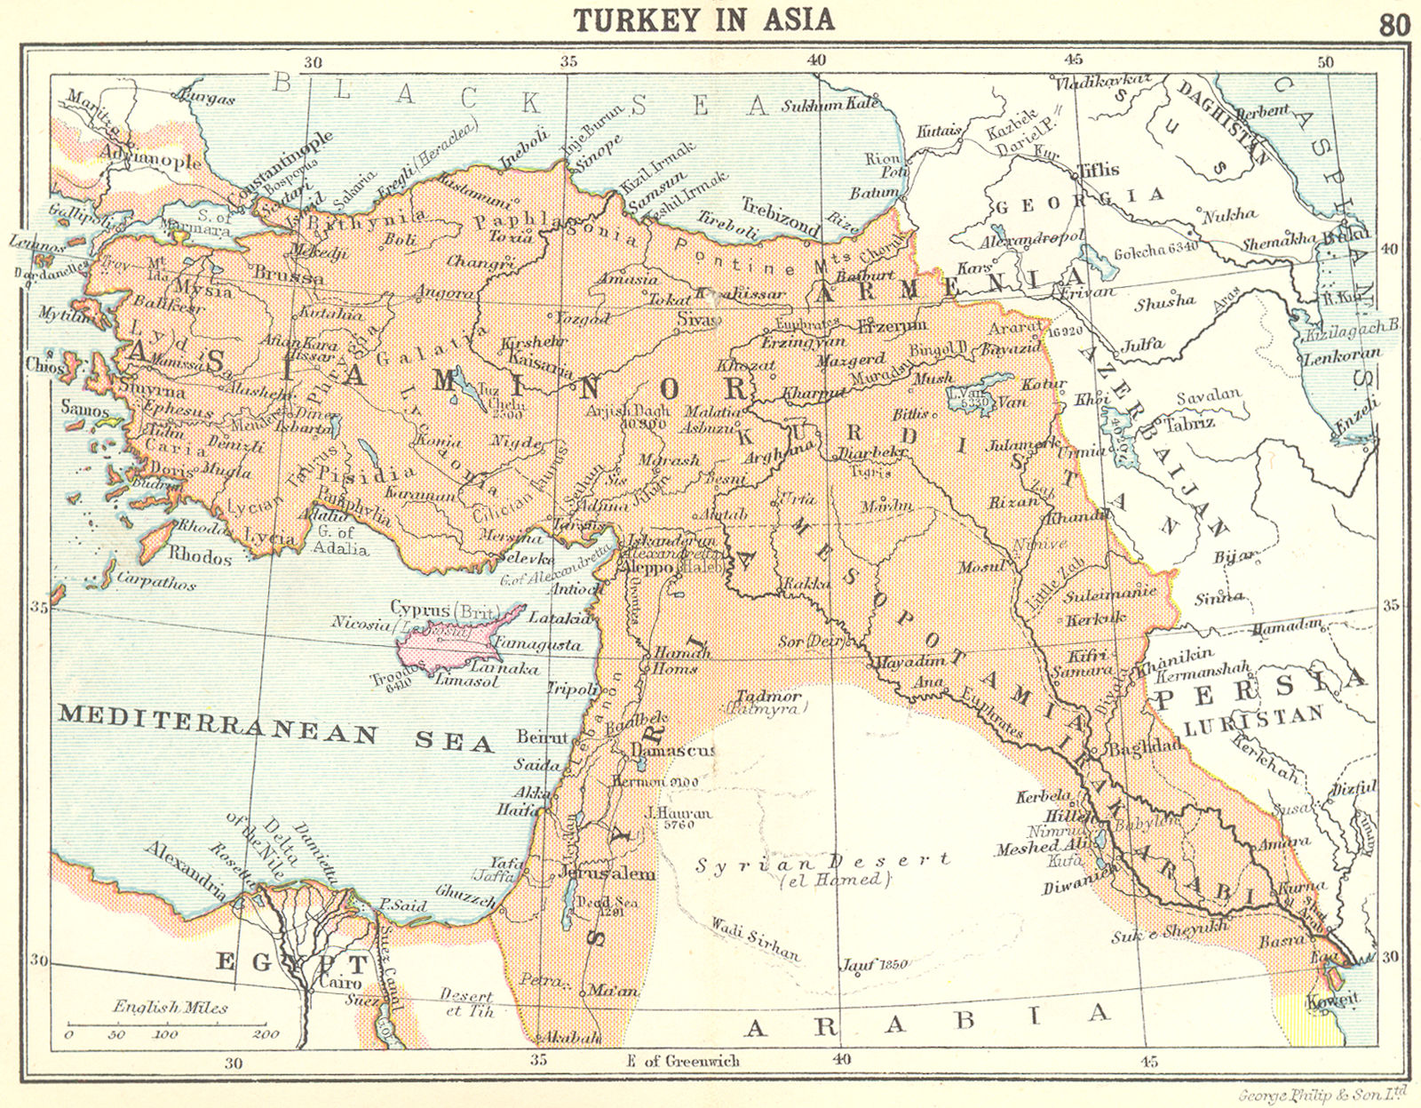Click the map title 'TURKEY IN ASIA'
pos(703,20)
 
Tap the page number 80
pos(1393,25)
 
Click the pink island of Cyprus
pos(453,641)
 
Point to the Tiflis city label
pos(1098,170)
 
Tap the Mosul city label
pos(980,566)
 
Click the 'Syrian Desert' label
pos(822,863)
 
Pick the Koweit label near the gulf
pos(1332,1000)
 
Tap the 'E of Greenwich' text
pos(683,1060)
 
